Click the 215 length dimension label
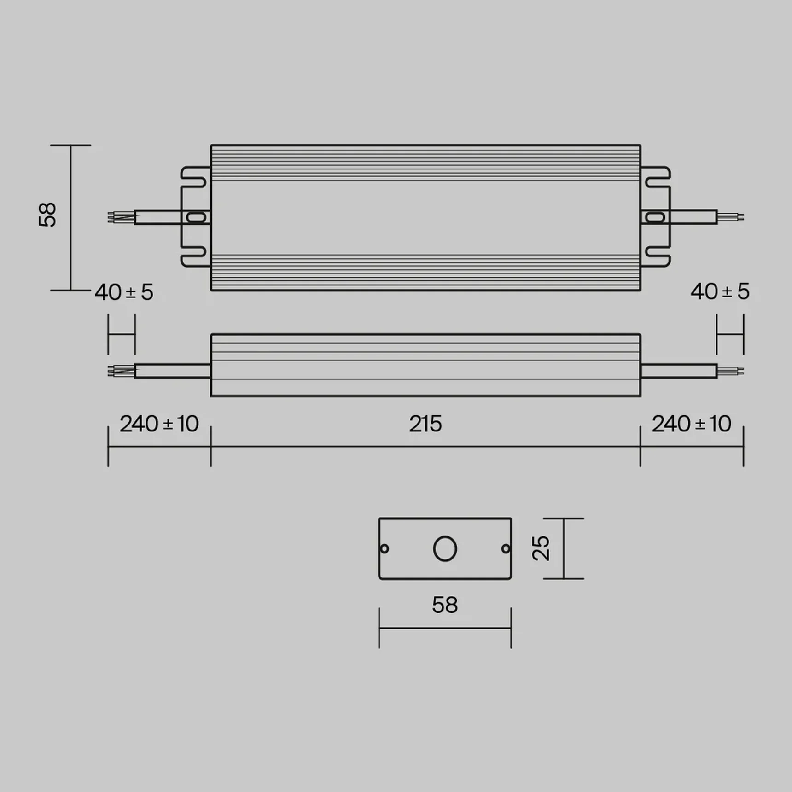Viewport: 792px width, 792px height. click(425, 424)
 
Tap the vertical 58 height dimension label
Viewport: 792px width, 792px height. click(47, 215)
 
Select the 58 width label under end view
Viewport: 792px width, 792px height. click(444, 605)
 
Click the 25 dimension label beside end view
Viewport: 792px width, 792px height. click(541, 548)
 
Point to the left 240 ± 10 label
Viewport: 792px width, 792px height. click(159, 424)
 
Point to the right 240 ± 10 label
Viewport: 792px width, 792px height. click(691, 424)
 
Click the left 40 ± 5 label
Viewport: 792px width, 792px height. click(124, 292)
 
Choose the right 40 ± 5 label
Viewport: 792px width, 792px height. click(719, 291)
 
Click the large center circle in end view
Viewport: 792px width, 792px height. click(445, 548)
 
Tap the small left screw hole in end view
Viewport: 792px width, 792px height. click(384, 548)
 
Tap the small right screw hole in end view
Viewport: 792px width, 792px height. click(505, 548)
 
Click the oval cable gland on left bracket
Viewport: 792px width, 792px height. click(196, 217)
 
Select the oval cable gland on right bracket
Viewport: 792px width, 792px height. click(655, 217)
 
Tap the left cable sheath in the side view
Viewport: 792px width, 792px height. click(172, 371)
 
